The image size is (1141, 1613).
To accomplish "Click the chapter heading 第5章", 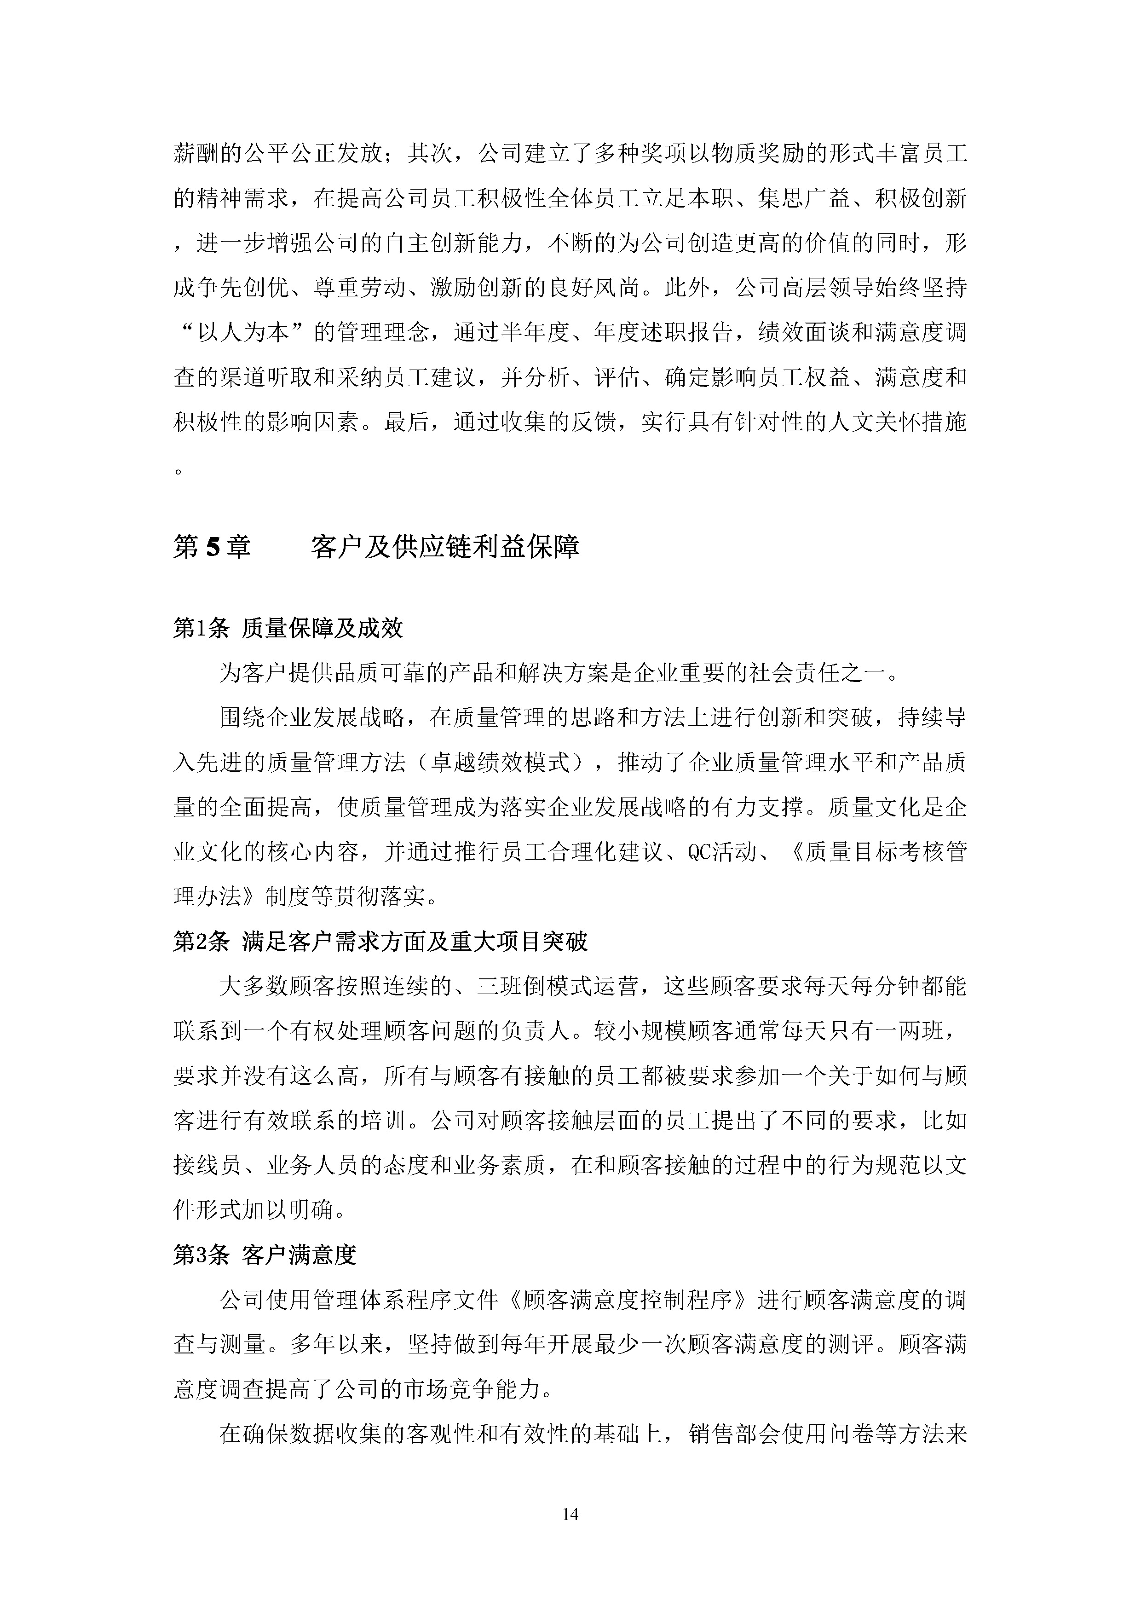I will (x=212, y=547).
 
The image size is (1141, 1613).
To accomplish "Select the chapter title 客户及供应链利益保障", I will (x=445, y=547).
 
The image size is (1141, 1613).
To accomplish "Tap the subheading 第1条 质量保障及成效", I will (x=288, y=628).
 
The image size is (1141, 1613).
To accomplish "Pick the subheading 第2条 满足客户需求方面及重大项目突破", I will (x=380, y=942).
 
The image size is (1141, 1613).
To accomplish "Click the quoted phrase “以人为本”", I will (x=243, y=332).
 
